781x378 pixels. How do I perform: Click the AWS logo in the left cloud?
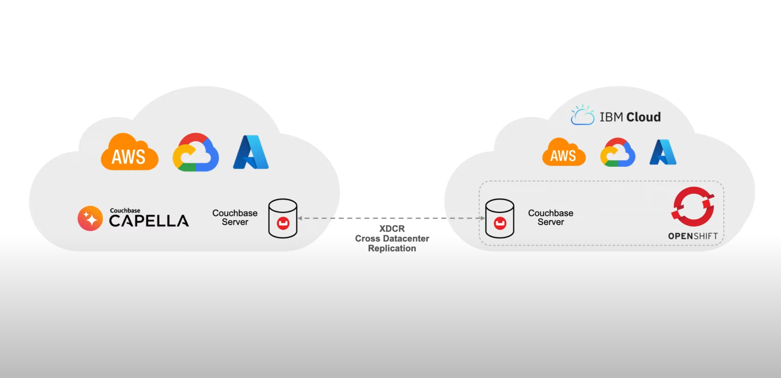point(129,153)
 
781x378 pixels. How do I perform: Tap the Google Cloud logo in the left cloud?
point(196,153)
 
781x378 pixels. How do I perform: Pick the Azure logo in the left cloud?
point(251,152)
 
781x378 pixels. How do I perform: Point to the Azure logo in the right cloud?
point(663,152)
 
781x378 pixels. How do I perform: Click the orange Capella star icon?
point(90,218)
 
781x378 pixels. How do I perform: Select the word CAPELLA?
point(149,221)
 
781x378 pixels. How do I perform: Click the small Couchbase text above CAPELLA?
point(125,210)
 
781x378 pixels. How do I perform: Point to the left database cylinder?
point(283,218)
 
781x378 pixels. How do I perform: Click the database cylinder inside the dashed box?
point(499,218)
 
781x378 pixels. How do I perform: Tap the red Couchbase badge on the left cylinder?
point(283,223)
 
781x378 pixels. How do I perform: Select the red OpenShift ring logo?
point(693,207)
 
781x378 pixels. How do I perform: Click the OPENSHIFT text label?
point(693,236)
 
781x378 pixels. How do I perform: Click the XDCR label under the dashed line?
point(392,228)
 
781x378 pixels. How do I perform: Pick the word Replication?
point(392,248)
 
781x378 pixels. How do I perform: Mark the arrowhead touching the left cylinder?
point(300,218)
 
